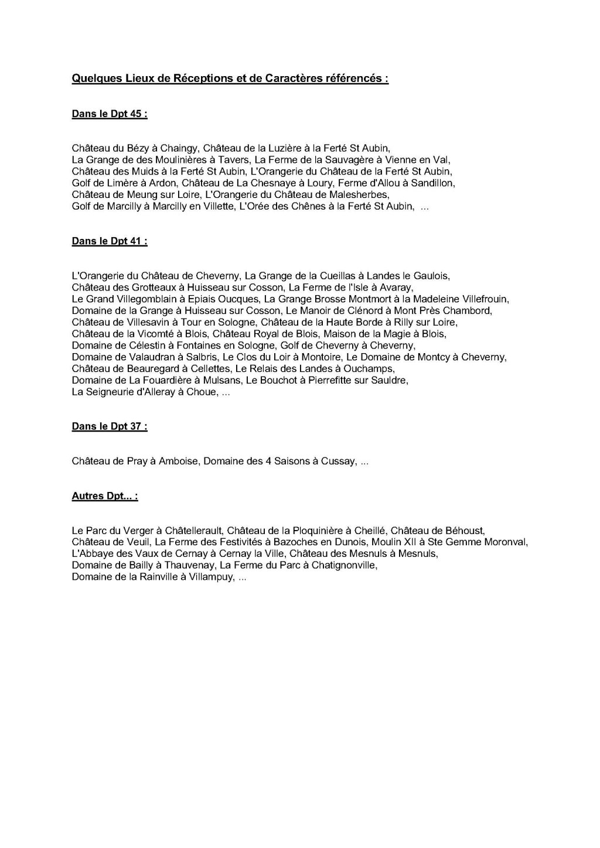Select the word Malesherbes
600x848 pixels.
click(x=359, y=194)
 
